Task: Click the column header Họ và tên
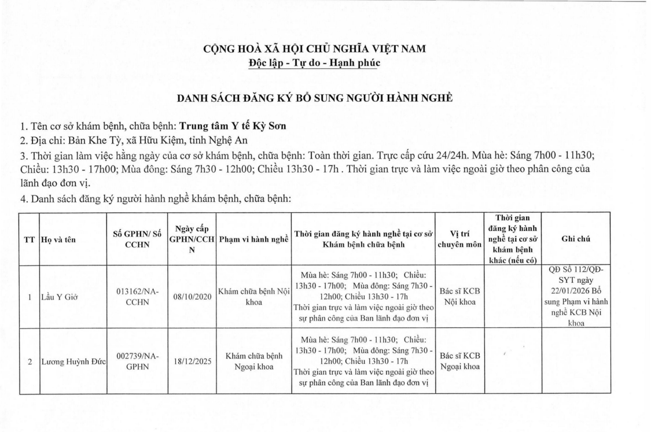58,239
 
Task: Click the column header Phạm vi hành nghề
253,239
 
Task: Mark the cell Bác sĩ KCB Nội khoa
460,297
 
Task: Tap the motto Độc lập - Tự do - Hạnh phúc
315,62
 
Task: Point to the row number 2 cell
29,363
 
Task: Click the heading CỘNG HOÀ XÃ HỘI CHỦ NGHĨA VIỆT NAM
315,49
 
